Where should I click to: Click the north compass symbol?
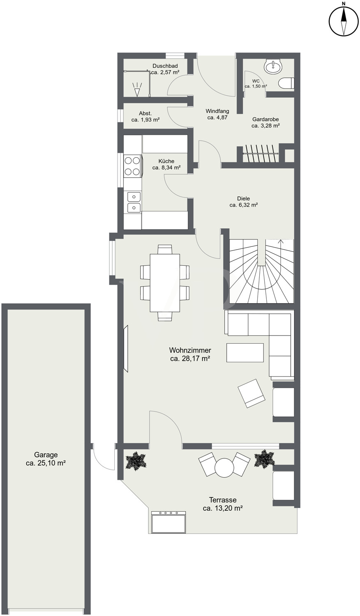click(x=344, y=21)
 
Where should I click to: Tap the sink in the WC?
click(x=273, y=66)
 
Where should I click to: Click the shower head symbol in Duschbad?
click(x=137, y=89)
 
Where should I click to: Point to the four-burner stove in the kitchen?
click(x=133, y=165)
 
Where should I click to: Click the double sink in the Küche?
click(x=134, y=202)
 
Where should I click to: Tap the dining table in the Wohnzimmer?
click(x=165, y=283)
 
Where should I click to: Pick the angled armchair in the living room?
click(x=252, y=393)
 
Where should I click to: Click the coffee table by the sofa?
click(x=245, y=352)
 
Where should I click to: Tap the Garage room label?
click(x=46, y=541)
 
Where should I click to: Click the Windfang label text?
click(x=217, y=111)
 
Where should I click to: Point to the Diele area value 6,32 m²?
click(x=244, y=205)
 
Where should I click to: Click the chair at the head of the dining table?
click(x=165, y=249)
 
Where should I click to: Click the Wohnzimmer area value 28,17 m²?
click(x=190, y=359)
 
